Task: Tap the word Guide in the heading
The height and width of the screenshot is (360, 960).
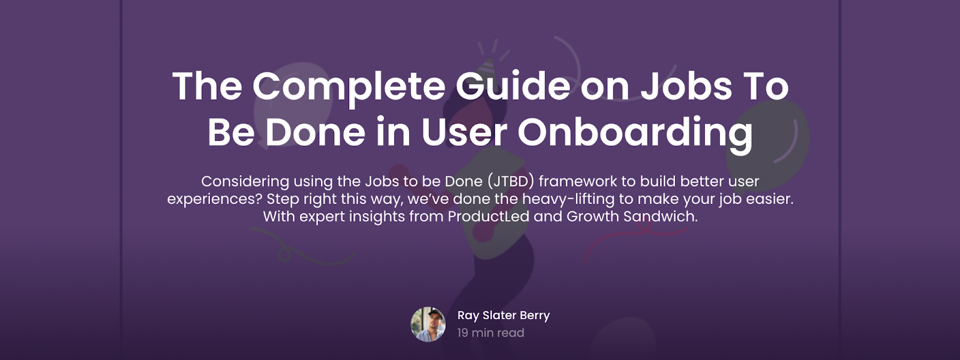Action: (512, 86)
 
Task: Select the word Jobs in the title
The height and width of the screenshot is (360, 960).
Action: (686, 86)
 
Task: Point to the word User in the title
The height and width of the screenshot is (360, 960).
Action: (464, 131)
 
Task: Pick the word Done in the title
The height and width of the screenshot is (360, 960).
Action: (315, 131)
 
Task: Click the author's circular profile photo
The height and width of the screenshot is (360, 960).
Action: (428, 324)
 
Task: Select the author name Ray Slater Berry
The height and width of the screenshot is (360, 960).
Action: (503, 316)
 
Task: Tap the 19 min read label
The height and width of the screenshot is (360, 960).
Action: (491, 332)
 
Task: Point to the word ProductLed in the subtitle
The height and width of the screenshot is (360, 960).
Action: (488, 217)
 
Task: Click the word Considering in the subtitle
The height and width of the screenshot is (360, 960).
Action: (245, 182)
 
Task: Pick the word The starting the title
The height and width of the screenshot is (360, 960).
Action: (208, 86)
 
